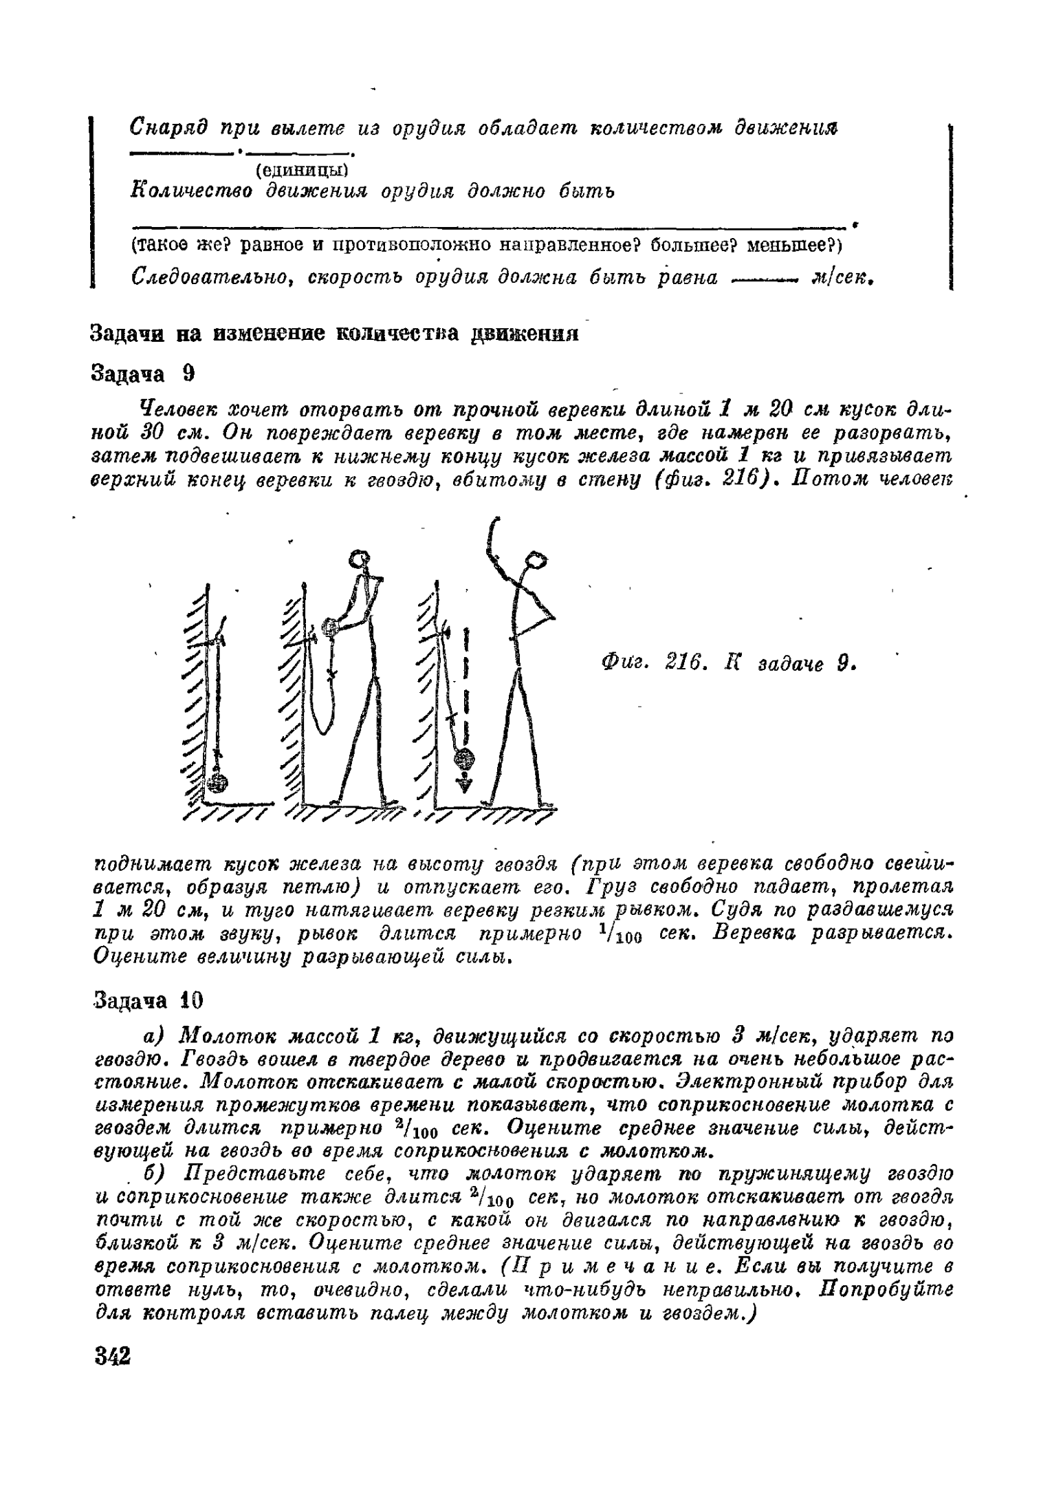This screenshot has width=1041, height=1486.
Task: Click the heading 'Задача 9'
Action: [143, 374]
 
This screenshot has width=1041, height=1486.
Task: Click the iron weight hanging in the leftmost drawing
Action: [218, 784]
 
